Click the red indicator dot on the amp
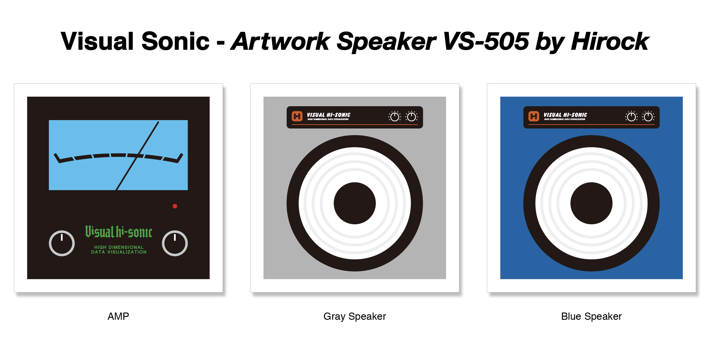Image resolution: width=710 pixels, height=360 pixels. click(x=175, y=206)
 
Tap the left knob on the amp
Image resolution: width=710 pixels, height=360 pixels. click(x=62, y=243)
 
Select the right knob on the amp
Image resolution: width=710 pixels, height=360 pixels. click(x=175, y=243)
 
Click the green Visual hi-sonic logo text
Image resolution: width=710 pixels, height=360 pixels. click(x=119, y=232)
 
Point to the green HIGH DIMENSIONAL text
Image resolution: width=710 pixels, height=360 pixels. click(x=119, y=247)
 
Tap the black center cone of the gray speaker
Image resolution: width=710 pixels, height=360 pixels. click(x=355, y=203)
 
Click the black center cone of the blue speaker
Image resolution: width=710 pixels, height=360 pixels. click(x=591, y=203)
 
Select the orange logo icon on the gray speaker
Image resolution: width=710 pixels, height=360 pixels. click(x=297, y=116)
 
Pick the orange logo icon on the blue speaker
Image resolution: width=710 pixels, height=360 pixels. click(x=534, y=116)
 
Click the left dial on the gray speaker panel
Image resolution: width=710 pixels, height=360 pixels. click(x=395, y=117)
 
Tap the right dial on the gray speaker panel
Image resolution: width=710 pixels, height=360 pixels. click(x=411, y=117)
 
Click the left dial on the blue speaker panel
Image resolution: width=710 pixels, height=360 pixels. click(x=631, y=117)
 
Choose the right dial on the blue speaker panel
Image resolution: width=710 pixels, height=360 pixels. click(x=648, y=117)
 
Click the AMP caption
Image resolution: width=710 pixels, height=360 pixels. click(x=118, y=316)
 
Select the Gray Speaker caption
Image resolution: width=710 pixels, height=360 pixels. click(x=355, y=316)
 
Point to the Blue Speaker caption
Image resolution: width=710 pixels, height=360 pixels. click(x=591, y=316)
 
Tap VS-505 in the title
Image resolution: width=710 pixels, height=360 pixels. click(x=486, y=42)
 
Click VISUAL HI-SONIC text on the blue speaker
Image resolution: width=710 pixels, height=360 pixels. click(x=565, y=115)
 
